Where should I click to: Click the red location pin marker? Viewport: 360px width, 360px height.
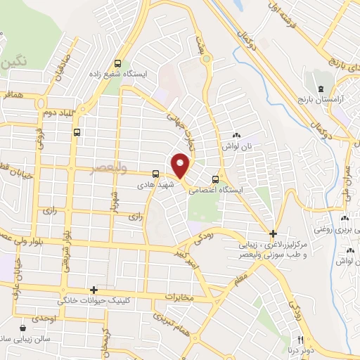point(181,165)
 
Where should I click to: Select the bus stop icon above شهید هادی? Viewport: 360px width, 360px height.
point(155,174)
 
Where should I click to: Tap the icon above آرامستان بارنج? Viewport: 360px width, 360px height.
point(321,89)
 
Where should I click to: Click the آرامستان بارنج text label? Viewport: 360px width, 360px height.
point(328,101)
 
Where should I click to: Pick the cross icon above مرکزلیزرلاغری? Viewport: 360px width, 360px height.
point(274,233)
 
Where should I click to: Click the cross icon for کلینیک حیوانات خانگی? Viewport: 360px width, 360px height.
point(93,290)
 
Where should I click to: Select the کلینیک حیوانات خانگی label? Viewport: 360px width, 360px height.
point(141,290)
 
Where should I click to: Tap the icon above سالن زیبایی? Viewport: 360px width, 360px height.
point(25,327)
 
